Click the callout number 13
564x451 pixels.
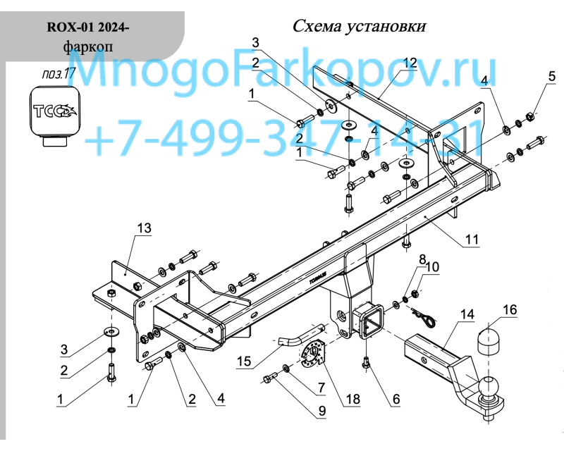[x=145, y=228]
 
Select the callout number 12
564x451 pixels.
[x=410, y=63]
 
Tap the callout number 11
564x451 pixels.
[x=472, y=239]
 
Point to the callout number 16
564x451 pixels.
[x=510, y=310]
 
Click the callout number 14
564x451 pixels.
[x=467, y=314]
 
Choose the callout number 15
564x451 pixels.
[x=244, y=361]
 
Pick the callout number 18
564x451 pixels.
[x=353, y=399]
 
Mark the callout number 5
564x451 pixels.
[x=552, y=76]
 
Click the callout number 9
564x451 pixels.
[x=321, y=411]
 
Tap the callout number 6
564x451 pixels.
[x=396, y=399]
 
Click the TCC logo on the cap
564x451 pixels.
[x=55, y=111]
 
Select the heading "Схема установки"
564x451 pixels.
[x=359, y=26]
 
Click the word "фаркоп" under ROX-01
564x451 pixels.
[x=88, y=47]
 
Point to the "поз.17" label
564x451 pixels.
[x=59, y=74]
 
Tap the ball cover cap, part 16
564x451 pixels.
[x=489, y=341]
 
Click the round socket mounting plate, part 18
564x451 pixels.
[x=312, y=354]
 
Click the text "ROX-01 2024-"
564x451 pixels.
[x=87, y=27]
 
